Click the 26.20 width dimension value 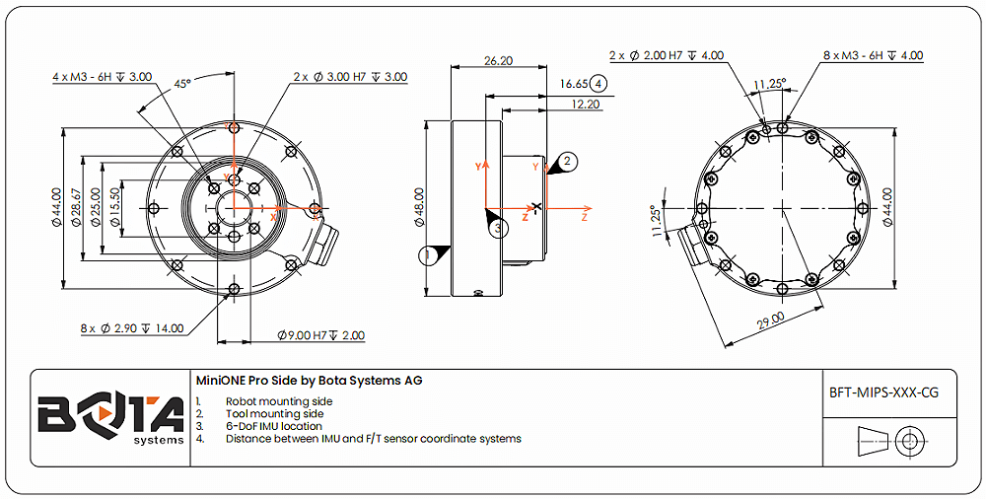click(498, 60)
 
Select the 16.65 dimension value click(572, 85)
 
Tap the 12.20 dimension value click(586, 104)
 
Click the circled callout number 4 click(599, 85)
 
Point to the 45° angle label click(182, 84)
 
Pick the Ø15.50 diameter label click(114, 207)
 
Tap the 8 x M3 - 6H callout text click(873, 56)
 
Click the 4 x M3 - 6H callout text click(103, 76)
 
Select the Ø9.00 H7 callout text click(320, 335)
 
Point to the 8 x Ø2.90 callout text click(131, 327)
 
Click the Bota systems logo click(110, 417)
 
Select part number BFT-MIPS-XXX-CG click(883, 392)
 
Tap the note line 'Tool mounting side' click(274, 414)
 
